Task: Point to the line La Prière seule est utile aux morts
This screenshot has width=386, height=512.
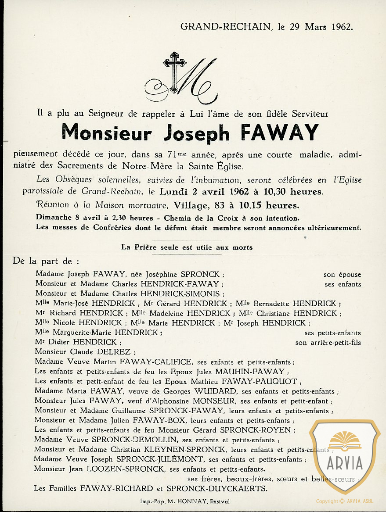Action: click(x=187, y=247)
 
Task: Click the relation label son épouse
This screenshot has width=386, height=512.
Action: click(x=342, y=275)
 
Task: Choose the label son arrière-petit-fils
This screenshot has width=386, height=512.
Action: click(x=328, y=343)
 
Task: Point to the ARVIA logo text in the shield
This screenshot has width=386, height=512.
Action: click(x=344, y=463)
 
